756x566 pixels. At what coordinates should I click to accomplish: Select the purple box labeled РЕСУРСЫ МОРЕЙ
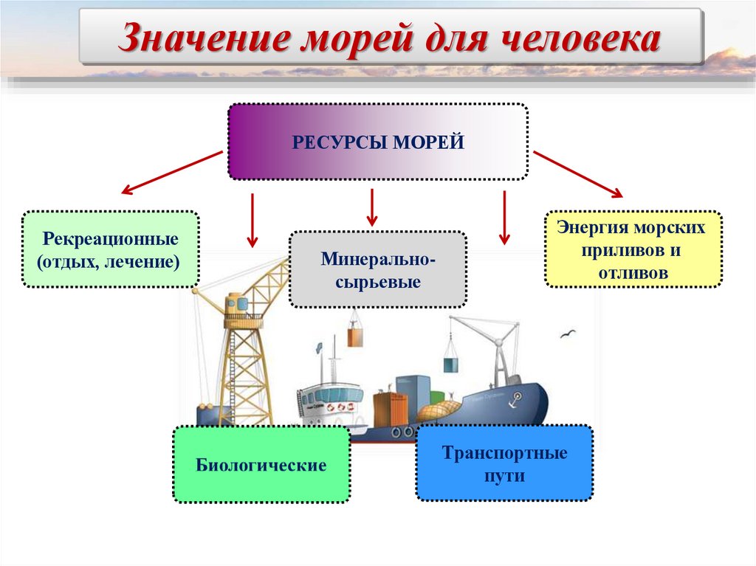click(377, 142)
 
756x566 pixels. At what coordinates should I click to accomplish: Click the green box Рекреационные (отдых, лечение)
click(111, 249)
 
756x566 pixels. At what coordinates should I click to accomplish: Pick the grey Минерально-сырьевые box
click(377, 269)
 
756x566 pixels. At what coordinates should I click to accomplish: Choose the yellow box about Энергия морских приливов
click(633, 249)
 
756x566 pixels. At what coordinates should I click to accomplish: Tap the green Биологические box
click(261, 465)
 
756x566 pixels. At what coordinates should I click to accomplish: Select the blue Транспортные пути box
click(504, 463)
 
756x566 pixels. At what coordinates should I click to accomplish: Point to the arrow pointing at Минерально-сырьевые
click(372, 207)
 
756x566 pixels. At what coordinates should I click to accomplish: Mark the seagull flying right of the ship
click(568, 334)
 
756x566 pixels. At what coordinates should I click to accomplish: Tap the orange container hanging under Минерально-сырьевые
click(356, 336)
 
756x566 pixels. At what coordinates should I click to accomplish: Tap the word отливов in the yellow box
click(633, 272)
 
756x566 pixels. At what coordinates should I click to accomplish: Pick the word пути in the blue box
click(504, 476)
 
